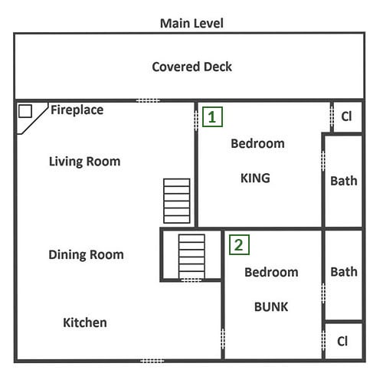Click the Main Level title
coord(191,23)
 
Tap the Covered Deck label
coord(191,67)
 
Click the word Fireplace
coord(77,110)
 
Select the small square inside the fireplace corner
coord(25,111)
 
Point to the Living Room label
coord(84,162)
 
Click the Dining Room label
coord(86,255)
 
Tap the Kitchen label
coord(85,322)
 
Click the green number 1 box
coord(212,117)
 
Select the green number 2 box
coord(239,245)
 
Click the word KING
coord(255,178)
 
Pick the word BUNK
coord(271,306)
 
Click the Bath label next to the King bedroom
coord(344,181)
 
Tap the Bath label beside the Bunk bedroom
coord(344,272)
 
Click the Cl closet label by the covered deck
coord(346,116)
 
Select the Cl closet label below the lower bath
coord(342,341)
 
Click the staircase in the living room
coord(177,201)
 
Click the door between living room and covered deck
coord(148,100)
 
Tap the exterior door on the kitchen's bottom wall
coord(152,361)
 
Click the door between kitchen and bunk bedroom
coord(223,339)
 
